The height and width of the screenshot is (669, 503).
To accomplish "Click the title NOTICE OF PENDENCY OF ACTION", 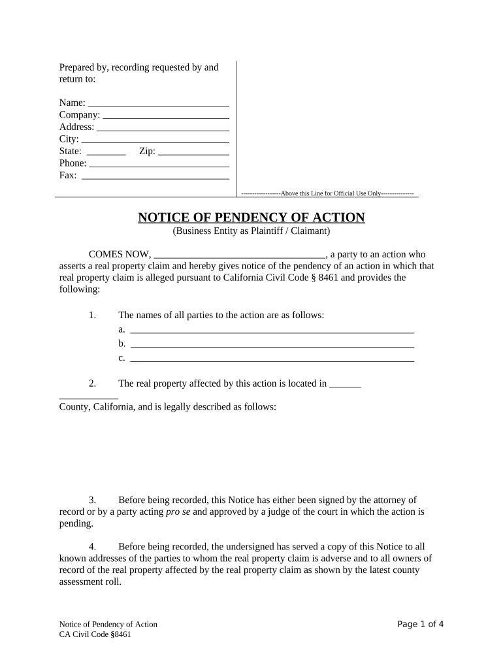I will tap(252, 218).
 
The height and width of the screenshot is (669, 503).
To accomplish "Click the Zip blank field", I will tap(193, 152).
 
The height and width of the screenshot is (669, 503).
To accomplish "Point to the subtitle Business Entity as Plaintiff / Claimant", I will tap(252, 231).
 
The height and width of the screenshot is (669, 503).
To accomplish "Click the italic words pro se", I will tap(178, 512).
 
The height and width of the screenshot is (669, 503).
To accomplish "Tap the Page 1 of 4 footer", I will tap(421, 624).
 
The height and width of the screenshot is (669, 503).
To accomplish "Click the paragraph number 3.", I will tap(93, 500).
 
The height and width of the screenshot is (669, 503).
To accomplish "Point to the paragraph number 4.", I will tap(93, 546).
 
